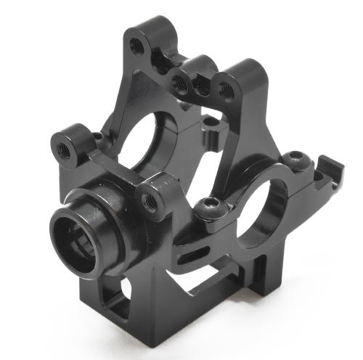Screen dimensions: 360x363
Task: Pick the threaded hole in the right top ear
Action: [x=226, y=90]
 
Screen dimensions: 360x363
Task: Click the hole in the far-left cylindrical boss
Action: [x=65, y=152]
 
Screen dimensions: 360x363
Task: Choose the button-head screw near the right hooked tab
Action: [x=293, y=157]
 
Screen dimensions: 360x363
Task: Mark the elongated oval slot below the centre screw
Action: [x=190, y=254]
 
